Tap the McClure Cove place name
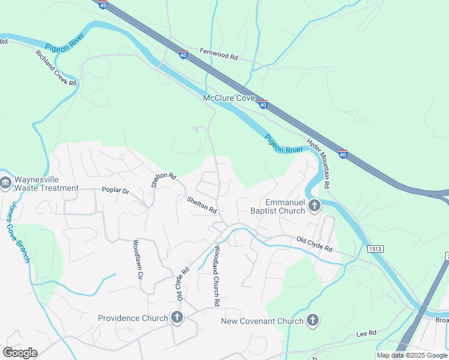[x=229, y=98]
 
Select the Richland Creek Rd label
[x=56, y=68]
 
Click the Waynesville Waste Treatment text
[x=46, y=184]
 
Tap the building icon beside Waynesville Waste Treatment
[x=5, y=182]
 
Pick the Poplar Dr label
[x=116, y=190]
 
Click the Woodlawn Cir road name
[x=137, y=259]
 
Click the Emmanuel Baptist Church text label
[x=277, y=206]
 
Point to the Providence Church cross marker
[x=176, y=318]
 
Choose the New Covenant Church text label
[x=262, y=321]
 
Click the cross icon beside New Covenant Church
[x=312, y=320]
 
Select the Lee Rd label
[x=366, y=333]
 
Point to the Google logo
[x=19, y=353]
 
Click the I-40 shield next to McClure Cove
[x=263, y=104]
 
